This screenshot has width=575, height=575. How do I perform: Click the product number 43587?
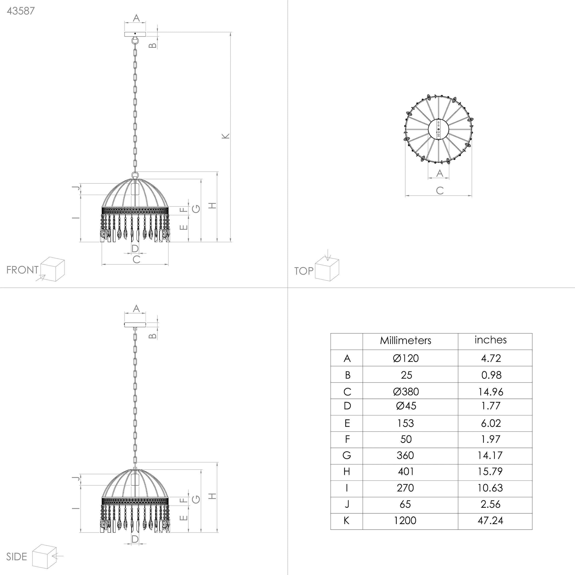(x=21, y=11)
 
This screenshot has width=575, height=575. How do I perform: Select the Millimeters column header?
(x=405, y=340)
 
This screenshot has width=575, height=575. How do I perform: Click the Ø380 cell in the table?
(x=406, y=392)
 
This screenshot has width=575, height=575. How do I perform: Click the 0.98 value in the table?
(x=491, y=375)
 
